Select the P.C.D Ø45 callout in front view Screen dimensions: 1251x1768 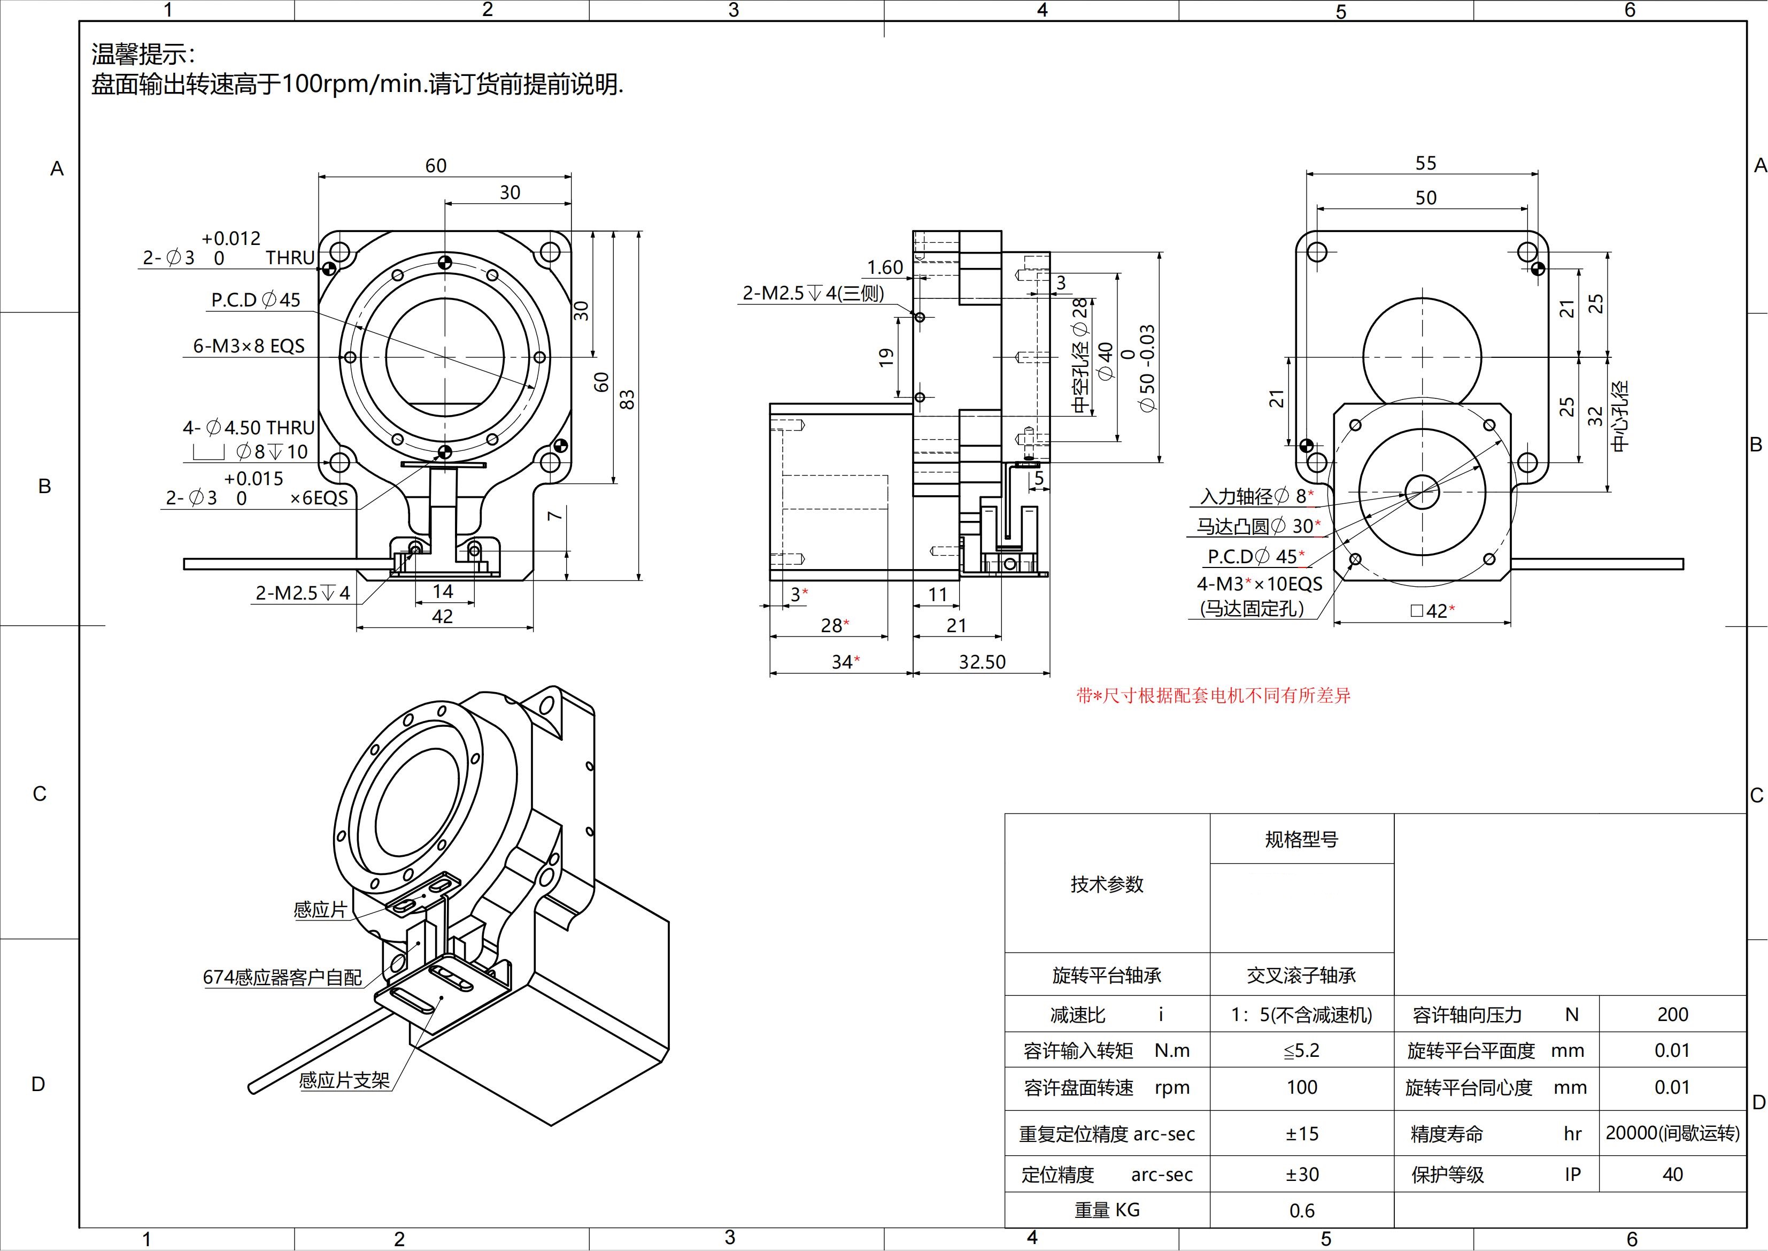pos(256,300)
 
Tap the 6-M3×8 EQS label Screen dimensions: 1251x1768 pos(249,346)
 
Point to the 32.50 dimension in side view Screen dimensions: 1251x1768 pos(982,662)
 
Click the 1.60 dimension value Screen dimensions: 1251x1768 pos(885,267)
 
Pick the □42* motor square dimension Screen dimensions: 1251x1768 pos(1432,611)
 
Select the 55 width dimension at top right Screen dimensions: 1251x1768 pos(1425,163)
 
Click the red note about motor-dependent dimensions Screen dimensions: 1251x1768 pos(1213,696)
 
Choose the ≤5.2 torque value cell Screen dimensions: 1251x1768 pos(1301,1051)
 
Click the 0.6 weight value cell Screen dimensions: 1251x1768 pos(1301,1211)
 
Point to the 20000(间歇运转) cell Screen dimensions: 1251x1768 pos(1672,1133)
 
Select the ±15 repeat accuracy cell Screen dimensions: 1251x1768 pos(1301,1134)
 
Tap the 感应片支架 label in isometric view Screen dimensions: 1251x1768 pos(344,1080)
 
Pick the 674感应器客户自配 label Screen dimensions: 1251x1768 pos(282,978)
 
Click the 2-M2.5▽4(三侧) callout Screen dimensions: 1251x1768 pos(813,293)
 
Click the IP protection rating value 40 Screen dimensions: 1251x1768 pos(1672,1175)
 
